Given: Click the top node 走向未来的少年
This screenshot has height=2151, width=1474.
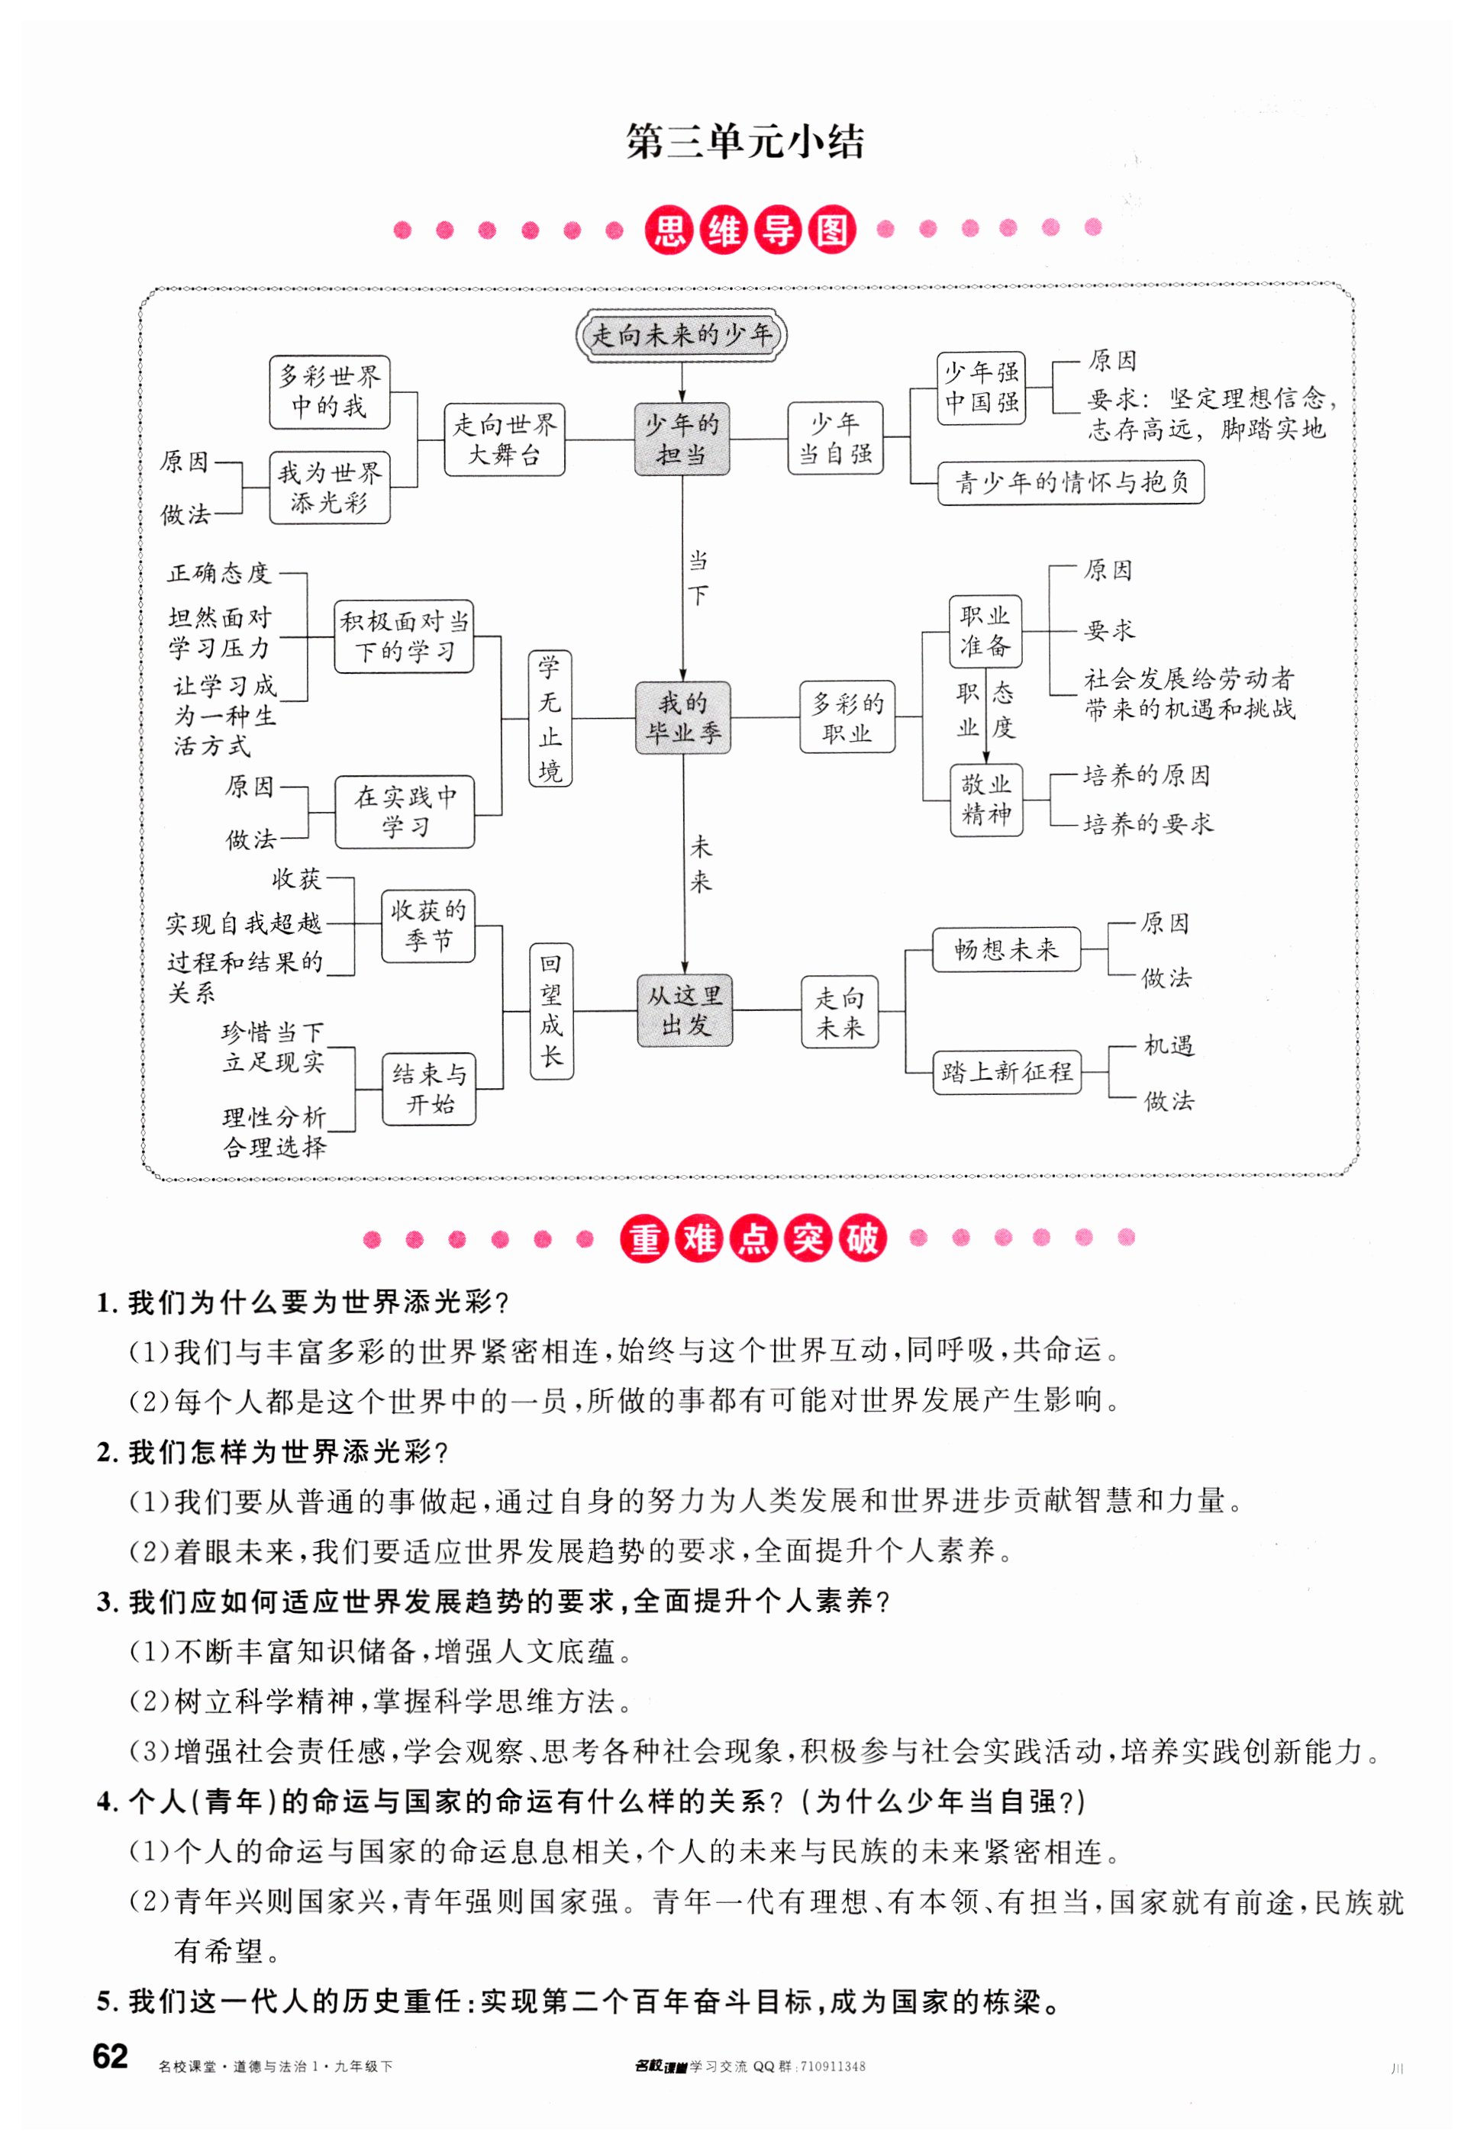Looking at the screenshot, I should (x=682, y=334).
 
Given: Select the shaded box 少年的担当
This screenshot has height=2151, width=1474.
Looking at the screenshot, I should (x=682, y=440).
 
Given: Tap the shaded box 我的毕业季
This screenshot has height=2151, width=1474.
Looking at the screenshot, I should (x=682, y=717).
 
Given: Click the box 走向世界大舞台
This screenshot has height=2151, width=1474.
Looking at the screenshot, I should (x=504, y=440).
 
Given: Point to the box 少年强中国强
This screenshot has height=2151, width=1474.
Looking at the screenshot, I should (x=981, y=388).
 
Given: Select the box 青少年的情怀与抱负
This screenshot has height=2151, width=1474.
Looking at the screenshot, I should (x=1070, y=483).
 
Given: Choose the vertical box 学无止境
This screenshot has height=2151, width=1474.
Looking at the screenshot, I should (x=550, y=718).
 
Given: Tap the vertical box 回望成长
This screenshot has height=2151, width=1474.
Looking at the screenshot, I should (x=551, y=1011).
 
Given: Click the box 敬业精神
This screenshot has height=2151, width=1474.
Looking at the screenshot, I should (x=986, y=800).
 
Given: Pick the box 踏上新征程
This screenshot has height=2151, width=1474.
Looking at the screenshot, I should (x=1006, y=1072).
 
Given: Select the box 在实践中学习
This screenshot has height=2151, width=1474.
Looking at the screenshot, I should (x=405, y=812).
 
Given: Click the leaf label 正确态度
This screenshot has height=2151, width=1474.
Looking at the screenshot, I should (x=218, y=574).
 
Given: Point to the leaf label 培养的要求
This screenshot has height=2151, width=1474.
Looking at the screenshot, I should (x=1147, y=824).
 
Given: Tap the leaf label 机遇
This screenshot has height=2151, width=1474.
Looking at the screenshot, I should (x=1169, y=1046).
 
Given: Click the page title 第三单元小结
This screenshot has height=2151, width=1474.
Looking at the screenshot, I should (x=744, y=143).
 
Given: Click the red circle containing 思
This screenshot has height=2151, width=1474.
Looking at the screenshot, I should (x=669, y=230).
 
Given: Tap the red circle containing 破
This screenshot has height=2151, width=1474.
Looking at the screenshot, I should (x=862, y=1238).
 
